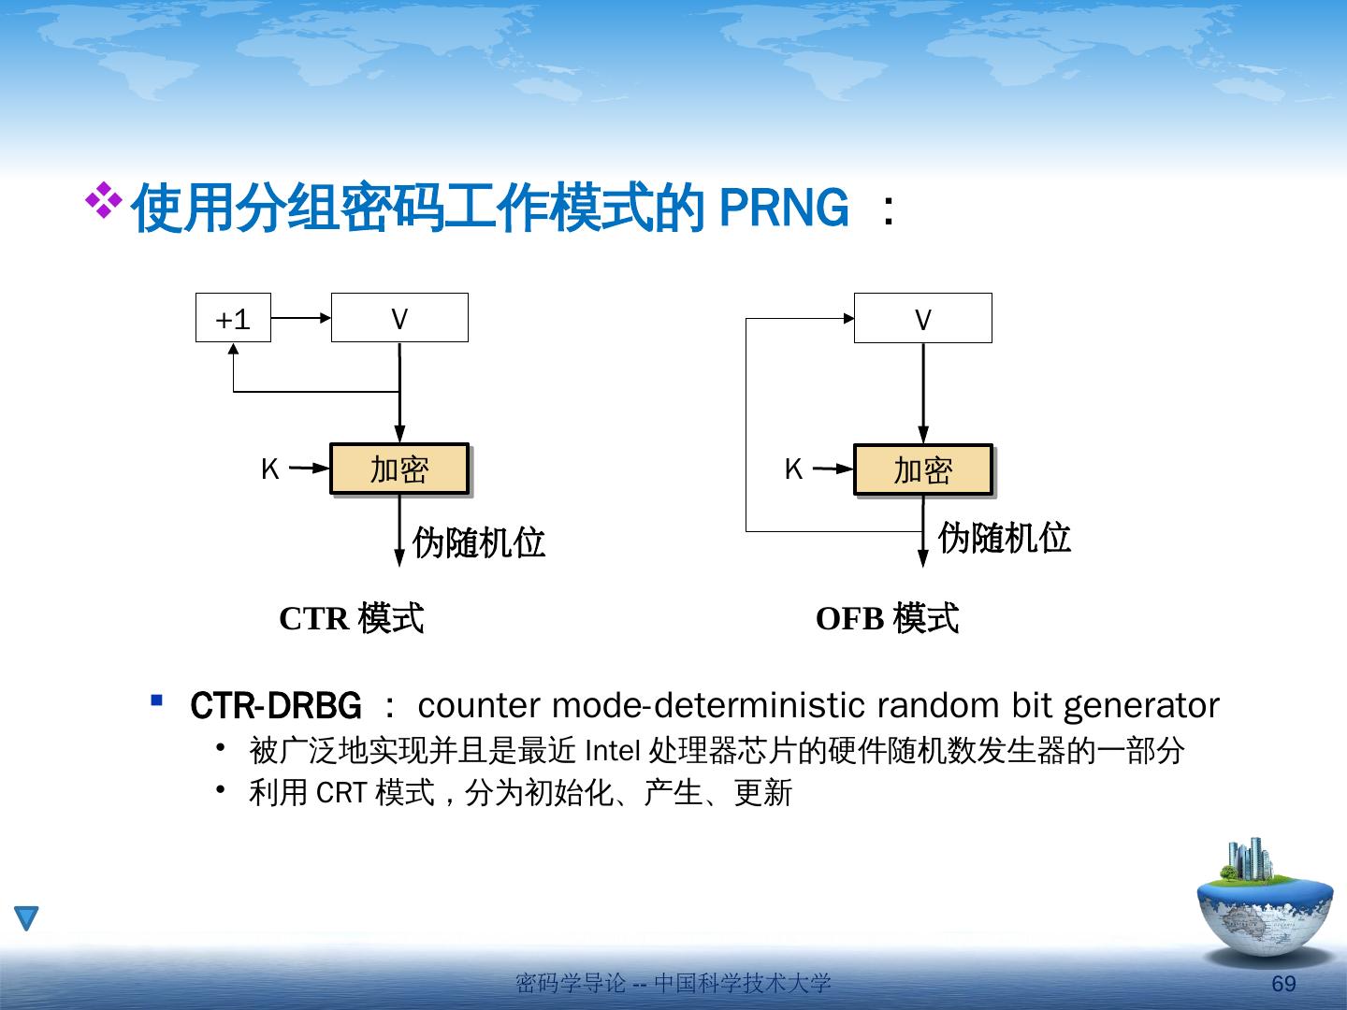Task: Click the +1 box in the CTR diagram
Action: click(233, 318)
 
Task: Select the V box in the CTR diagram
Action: click(399, 318)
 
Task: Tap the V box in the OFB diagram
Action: click(922, 319)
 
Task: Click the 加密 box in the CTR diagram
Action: click(399, 469)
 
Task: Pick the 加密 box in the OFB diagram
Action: click(923, 469)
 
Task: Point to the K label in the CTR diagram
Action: click(269, 469)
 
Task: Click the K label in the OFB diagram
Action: click(793, 469)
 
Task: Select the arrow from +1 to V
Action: click(301, 318)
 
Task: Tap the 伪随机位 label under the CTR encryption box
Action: click(479, 542)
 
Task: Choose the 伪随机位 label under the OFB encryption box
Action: click(1004, 538)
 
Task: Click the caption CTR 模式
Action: click(352, 618)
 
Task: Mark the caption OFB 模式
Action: click(887, 618)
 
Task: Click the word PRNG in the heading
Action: click(784, 208)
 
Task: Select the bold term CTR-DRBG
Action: click(275, 705)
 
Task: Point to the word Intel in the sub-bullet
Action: click(612, 750)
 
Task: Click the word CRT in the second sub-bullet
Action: click(340, 793)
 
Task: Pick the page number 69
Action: click(1283, 983)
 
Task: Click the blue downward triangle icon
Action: click(26, 918)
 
